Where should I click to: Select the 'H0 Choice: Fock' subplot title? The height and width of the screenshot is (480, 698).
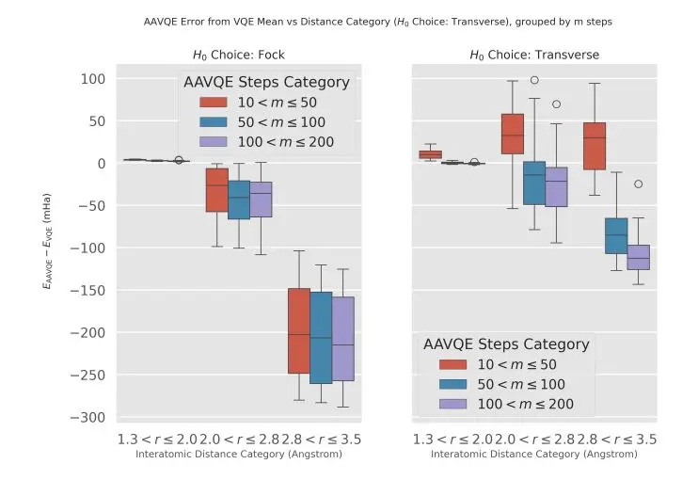tap(238, 55)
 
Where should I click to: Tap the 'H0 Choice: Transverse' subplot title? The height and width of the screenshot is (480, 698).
tap(534, 55)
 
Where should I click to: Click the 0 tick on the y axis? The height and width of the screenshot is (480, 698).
tap(100, 163)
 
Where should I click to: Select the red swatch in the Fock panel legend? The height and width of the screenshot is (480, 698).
tap(215, 103)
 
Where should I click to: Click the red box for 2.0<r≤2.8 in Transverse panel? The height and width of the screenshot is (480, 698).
tap(513, 133)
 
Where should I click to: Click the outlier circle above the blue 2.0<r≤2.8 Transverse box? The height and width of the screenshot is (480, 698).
tap(534, 81)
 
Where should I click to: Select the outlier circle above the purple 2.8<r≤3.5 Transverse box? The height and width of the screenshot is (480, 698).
tap(639, 184)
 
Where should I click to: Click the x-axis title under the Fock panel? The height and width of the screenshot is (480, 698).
tap(238, 455)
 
